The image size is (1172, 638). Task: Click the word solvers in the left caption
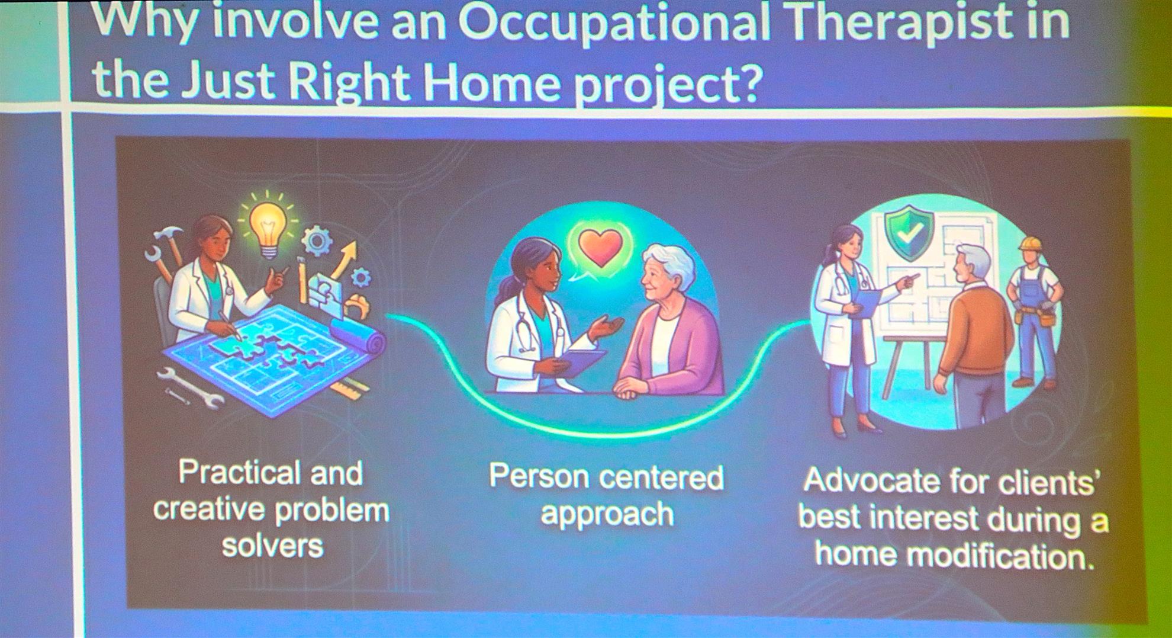(x=272, y=545)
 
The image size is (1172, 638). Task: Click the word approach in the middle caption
(x=607, y=514)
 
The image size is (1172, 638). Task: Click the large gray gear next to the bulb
(x=317, y=241)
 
